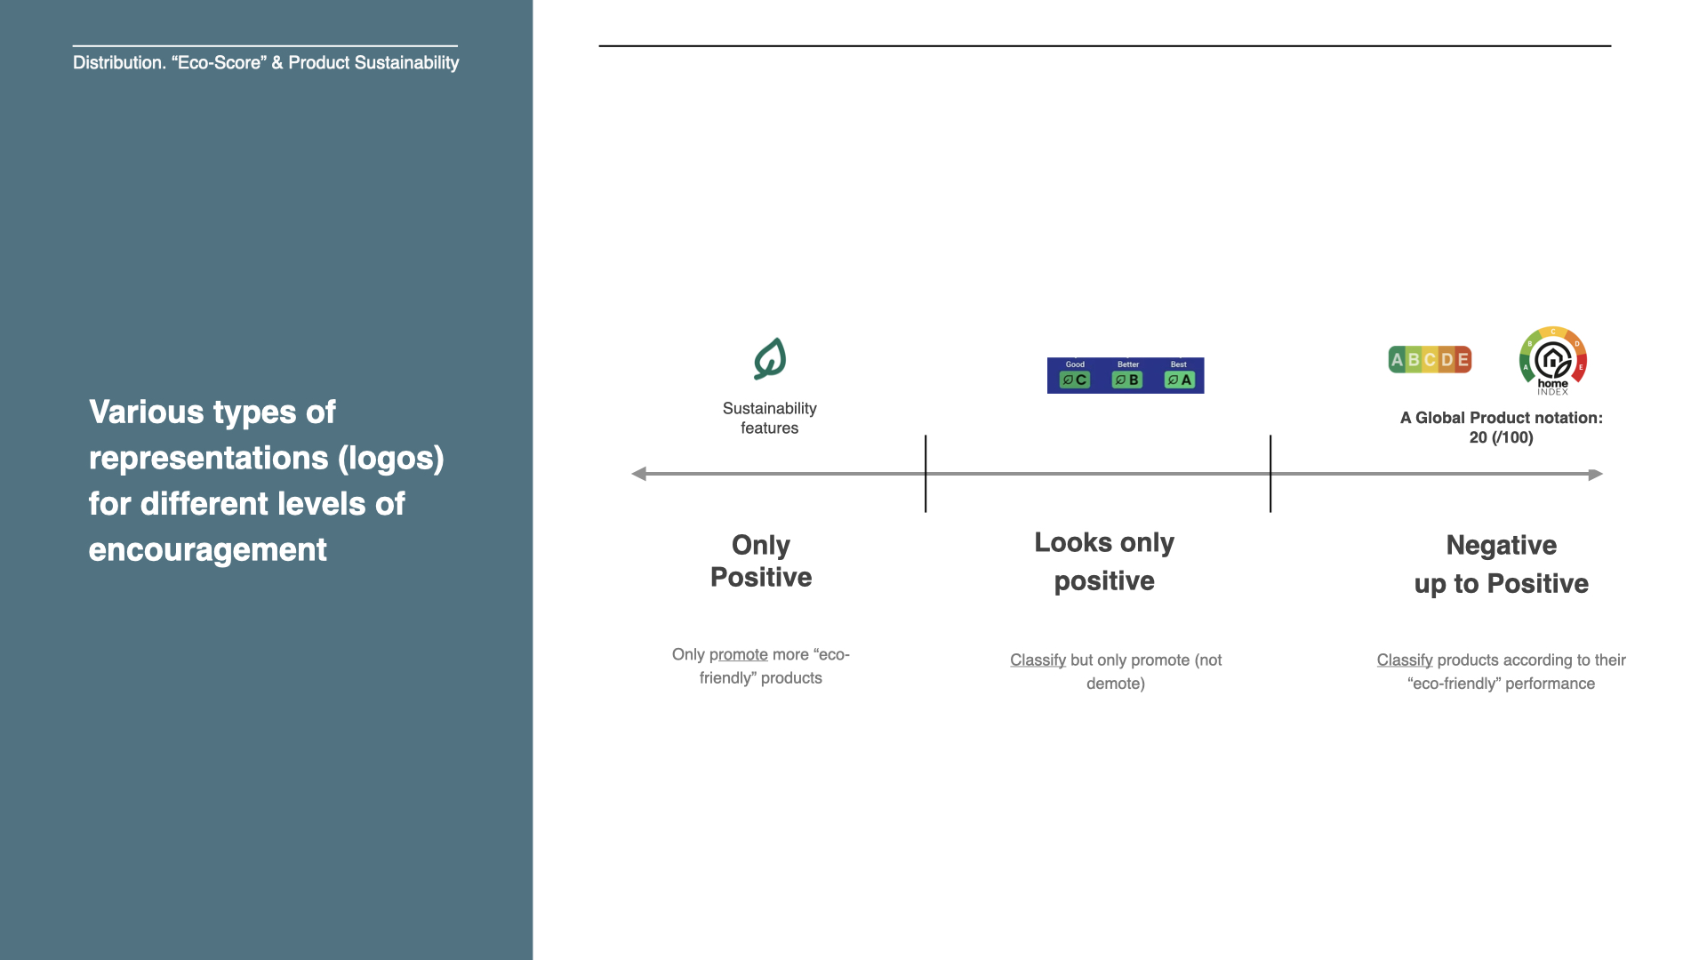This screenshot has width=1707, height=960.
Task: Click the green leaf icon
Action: click(x=770, y=359)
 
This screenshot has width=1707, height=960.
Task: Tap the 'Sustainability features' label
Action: click(x=769, y=418)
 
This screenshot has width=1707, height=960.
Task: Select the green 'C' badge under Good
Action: click(x=1075, y=380)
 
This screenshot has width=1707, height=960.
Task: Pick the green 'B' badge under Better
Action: click(x=1127, y=380)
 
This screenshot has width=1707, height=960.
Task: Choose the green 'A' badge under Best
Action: click(x=1180, y=380)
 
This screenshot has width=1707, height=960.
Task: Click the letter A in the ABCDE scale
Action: click(x=1397, y=360)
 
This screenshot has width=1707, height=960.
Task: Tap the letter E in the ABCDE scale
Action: click(x=1463, y=360)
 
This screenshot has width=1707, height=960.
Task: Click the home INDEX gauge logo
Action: click(x=1553, y=361)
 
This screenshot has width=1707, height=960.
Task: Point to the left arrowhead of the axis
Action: click(x=638, y=474)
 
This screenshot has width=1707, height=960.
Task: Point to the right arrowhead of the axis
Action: click(x=1596, y=474)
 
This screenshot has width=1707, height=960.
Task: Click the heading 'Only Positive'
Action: click(x=761, y=561)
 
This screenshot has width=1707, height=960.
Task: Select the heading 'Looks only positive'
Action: click(x=1104, y=561)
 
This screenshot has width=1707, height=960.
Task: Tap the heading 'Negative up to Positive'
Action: click(x=1501, y=564)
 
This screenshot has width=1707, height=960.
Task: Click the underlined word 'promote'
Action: click(x=738, y=654)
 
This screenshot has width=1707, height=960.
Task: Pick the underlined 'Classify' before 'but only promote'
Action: click(x=1038, y=660)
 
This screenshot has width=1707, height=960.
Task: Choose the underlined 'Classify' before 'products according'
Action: click(x=1405, y=660)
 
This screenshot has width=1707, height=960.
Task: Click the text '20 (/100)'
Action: click(x=1501, y=437)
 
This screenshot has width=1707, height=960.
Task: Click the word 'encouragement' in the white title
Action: click(x=208, y=549)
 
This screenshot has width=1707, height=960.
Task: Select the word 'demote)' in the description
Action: click(x=1115, y=684)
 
